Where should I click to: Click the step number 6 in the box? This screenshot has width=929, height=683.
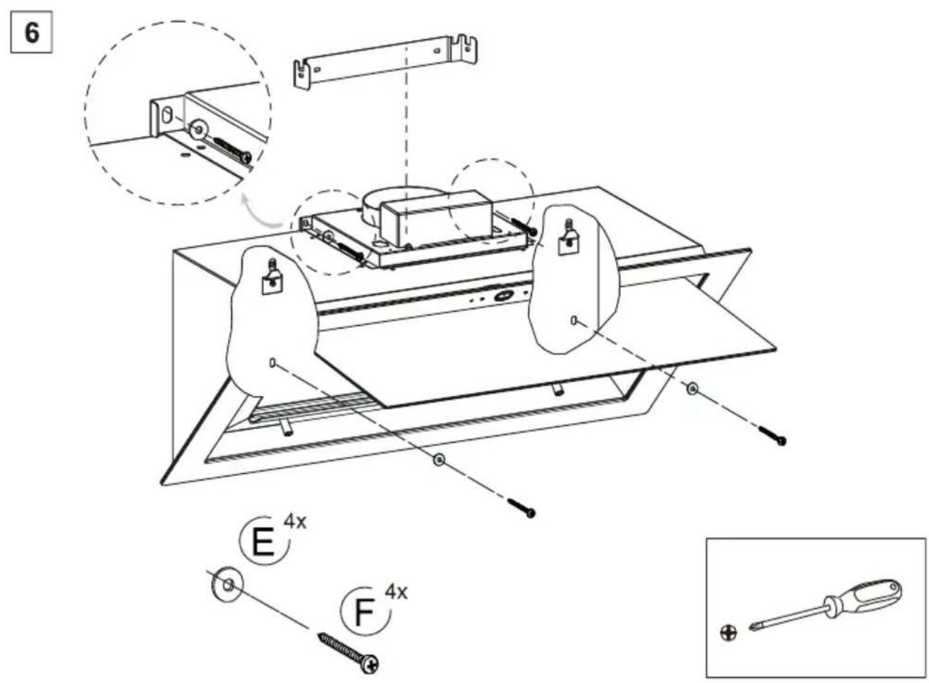pos(32,32)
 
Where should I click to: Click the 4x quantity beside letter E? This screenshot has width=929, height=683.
pos(295,522)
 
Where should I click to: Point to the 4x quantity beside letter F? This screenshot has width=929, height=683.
pos(396,592)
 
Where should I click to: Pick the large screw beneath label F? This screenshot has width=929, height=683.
pos(349,654)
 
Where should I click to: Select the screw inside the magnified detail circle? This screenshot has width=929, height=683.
pos(233,150)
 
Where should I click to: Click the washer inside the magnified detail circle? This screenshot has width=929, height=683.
pos(198,130)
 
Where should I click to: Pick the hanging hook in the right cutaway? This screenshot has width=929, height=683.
pos(567,239)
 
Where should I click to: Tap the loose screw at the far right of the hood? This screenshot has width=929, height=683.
pos(772,436)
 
